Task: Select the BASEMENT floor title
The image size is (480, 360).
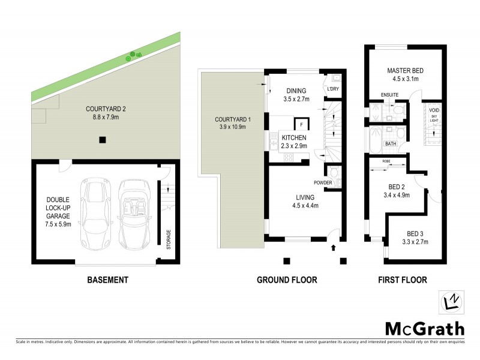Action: point(107,280)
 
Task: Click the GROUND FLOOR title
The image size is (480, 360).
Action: point(287,280)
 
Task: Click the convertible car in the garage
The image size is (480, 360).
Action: point(133,215)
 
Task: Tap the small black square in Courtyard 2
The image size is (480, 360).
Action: point(103,140)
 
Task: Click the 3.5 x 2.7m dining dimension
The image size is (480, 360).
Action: point(296,100)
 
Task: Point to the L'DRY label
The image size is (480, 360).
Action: point(333,89)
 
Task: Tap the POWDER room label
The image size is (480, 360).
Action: point(322,182)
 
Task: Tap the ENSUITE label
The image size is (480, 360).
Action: point(390,95)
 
